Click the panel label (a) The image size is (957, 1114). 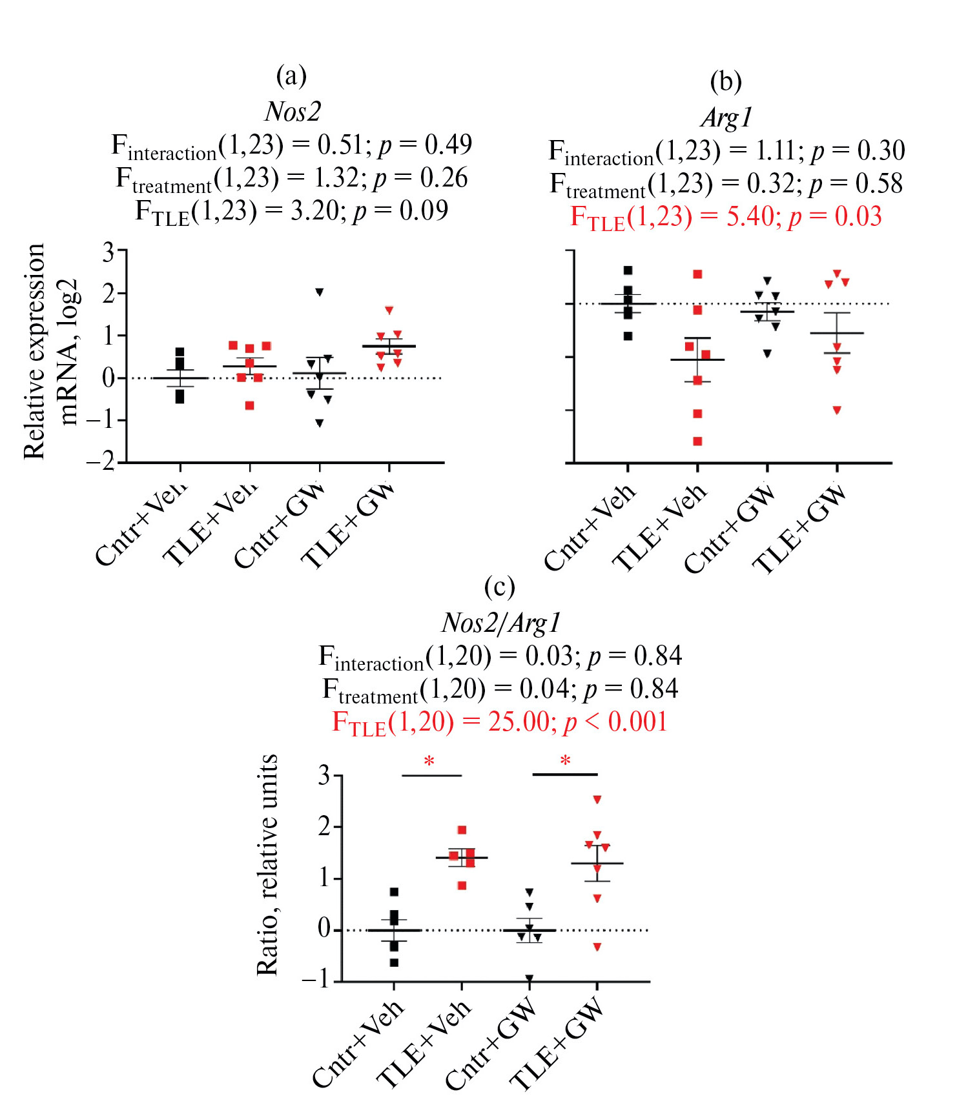click(291, 76)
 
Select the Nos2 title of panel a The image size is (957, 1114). click(293, 112)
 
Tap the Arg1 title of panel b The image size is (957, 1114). click(727, 117)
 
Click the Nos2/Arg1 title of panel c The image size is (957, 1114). click(500, 623)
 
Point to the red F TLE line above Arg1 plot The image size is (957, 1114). click(726, 217)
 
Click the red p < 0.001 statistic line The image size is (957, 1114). click(500, 722)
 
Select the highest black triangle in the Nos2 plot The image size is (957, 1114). click(319, 292)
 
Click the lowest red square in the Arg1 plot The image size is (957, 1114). click(697, 441)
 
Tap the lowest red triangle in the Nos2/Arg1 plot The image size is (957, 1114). click(597, 947)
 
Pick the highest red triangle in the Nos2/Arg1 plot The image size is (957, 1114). click(597, 800)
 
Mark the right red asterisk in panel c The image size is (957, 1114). click(565, 761)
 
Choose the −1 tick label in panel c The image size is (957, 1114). click(316, 980)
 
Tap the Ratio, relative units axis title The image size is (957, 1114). click(267, 865)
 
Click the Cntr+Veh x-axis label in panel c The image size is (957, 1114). click(359, 1043)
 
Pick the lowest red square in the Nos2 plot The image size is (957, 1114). click(249, 405)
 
